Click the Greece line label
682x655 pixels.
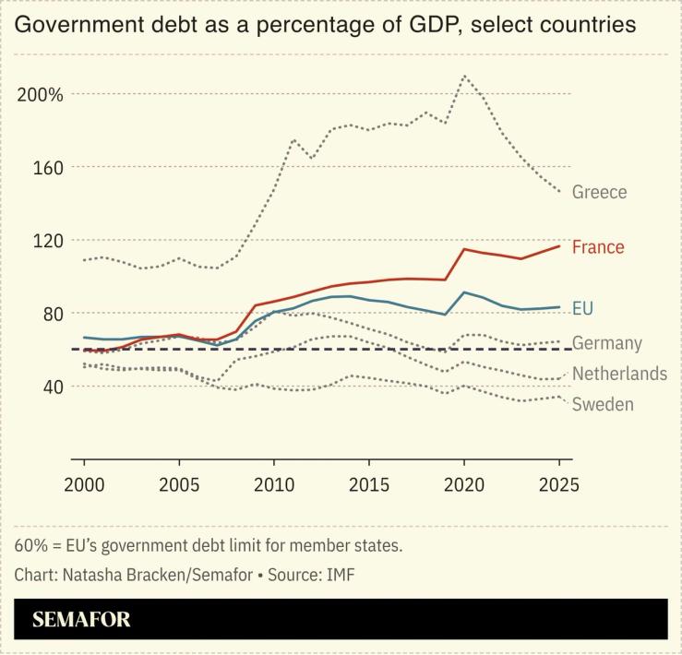tap(599, 192)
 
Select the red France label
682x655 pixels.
tap(598, 247)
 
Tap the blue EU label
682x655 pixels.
tap(584, 308)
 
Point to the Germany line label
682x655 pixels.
tap(606, 343)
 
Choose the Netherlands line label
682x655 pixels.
tap(619, 374)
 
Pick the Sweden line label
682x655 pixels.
tap(603, 404)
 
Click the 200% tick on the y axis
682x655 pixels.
tap(40, 94)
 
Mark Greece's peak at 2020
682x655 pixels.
tap(463, 77)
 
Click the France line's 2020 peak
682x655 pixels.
tap(463, 249)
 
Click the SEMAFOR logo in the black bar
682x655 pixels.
tap(81, 619)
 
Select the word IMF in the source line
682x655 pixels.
tap(339, 575)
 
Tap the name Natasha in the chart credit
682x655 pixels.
tap(92, 575)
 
